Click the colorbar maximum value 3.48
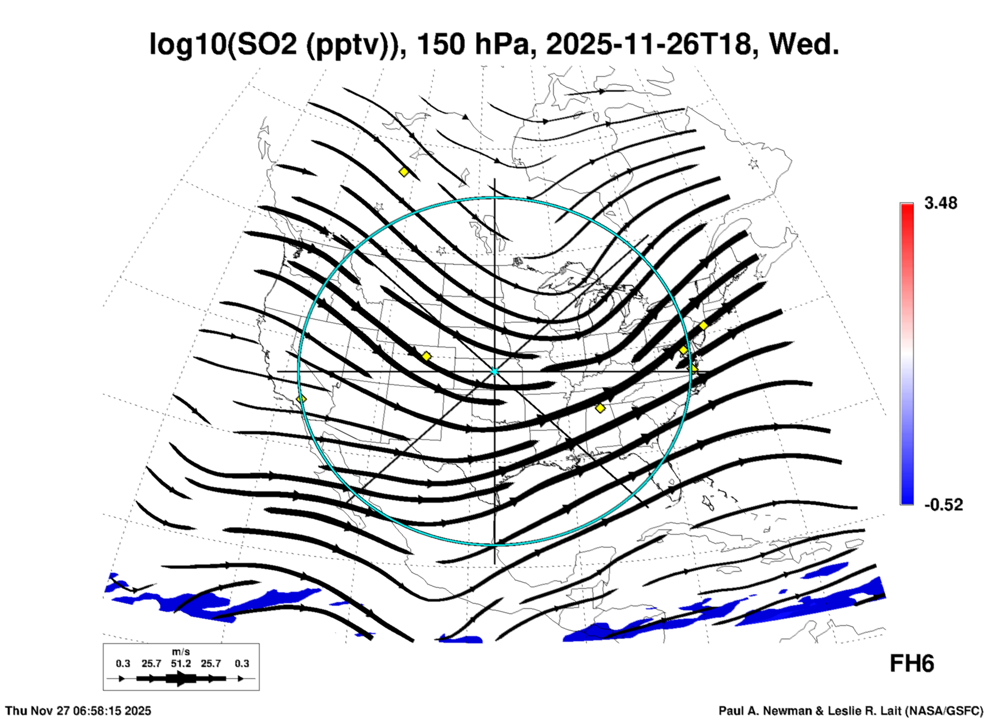coord(940,203)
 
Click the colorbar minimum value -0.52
coord(943,504)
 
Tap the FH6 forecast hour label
coord(912,664)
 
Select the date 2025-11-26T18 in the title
coord(648,44)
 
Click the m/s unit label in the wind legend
coord(181,652)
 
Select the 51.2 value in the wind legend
coord(181,663)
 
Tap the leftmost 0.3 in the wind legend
coord(123,663)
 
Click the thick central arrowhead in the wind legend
coord(181,678)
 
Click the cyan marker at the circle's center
coord(494,371)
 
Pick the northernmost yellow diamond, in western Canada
coord(404,172)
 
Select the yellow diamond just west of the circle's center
coord(426,356)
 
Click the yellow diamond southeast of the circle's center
coord(600,408)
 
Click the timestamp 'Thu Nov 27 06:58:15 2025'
coord(78,711)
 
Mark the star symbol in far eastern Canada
coord(754,164)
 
